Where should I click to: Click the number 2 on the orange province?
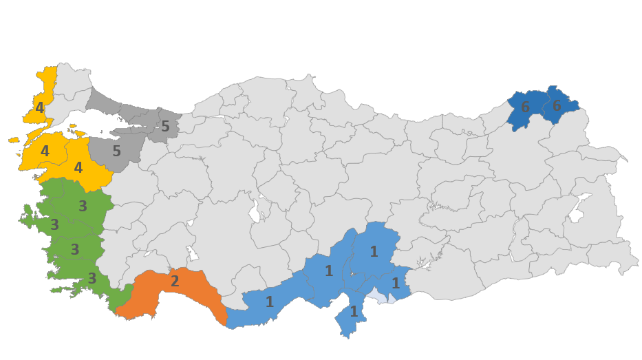click(175, 281)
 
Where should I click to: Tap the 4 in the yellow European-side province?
click(40, 107)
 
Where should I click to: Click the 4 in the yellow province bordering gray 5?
click(78, 167)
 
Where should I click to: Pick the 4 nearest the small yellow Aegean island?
click(45, 150)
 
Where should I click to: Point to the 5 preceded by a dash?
click(165, 126)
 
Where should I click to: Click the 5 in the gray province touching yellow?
click(116, 151)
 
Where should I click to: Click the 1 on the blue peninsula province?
click(354, 311)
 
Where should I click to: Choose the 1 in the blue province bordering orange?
click(270, 301)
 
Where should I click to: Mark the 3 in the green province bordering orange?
click(92, 278)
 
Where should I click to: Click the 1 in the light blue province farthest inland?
click(374, 251)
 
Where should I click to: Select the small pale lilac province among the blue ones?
click(375, 295)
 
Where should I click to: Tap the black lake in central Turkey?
click(255, 210)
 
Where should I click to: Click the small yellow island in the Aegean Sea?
click(14, 140)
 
